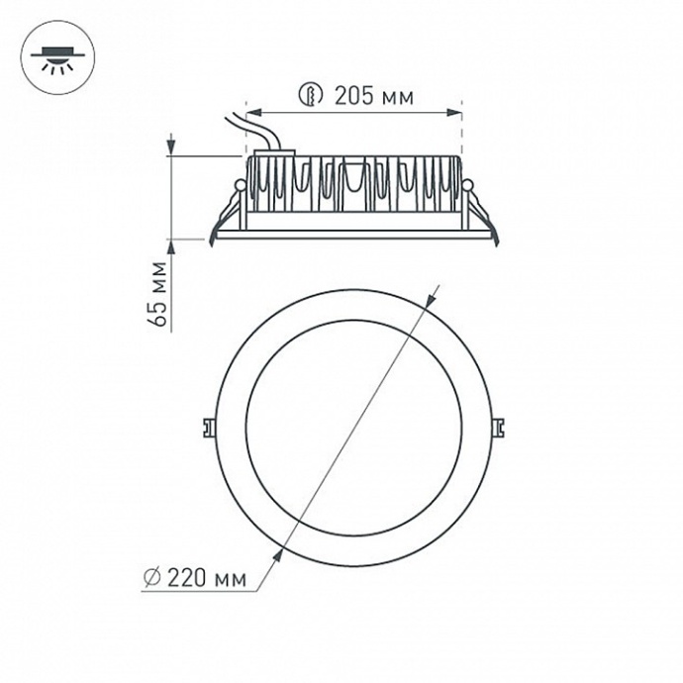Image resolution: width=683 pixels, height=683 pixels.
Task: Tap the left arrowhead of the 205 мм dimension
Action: click(x=250, y=113)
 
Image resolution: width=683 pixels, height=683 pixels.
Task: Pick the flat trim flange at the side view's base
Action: click(x=353, y=234)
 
